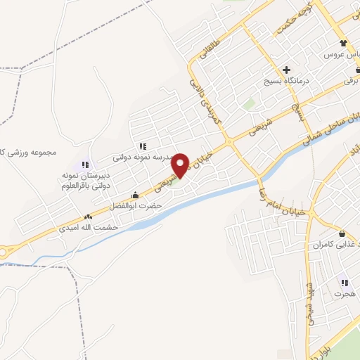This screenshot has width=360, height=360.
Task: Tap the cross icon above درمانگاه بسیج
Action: [286, 70]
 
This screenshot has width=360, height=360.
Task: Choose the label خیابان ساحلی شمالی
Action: [330, 127]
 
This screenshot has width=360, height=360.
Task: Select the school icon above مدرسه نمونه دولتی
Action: [143, 146]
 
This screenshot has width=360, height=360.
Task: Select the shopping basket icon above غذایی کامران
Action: [342, 234]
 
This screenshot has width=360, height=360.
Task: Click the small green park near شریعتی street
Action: [249, 103]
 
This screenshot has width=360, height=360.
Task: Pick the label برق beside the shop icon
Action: [351, 82]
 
